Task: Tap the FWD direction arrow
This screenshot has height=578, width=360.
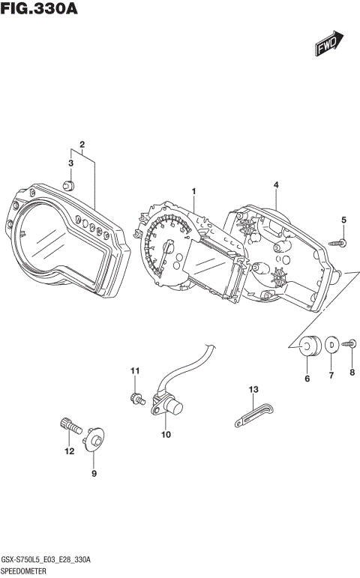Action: click(x=328, y=45)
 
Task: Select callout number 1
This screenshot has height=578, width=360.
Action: click(x=193, y=191)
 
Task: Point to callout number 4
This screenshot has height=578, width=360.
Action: click(x=276, y=184)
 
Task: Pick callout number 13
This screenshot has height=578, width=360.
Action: click(x=253, y=389)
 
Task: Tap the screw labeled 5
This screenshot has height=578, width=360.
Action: click(x=340, y=242)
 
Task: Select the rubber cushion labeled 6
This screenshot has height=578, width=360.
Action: click(x=305, y=346)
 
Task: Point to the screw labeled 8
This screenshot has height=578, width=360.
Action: click(x=349, y=343)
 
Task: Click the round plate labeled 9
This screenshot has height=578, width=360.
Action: click(x=94, y=439)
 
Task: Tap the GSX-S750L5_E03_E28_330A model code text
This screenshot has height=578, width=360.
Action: click(x=46, y=560)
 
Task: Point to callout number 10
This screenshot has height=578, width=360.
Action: click(x=166, y=434)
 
